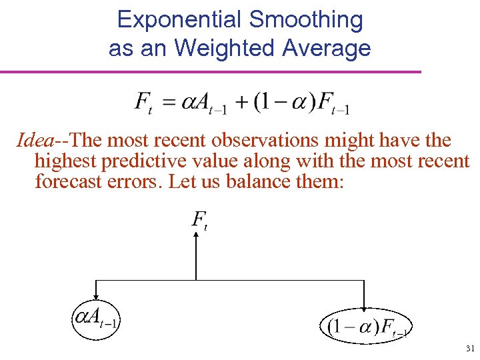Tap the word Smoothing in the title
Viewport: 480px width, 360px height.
coord(306,20)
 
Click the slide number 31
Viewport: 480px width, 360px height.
coord(470,348)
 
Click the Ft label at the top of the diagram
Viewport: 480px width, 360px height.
coord(199,220)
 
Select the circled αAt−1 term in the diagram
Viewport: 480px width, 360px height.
coord(96,321)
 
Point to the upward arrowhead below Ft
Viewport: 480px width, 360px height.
coord(196,238)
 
